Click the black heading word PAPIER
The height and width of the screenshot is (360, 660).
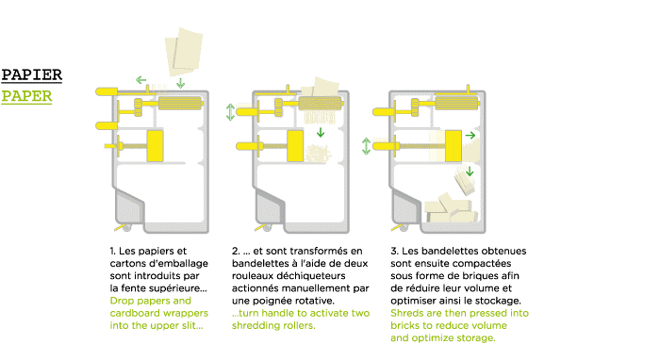point(31,74)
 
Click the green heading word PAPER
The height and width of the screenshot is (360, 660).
point(26,96)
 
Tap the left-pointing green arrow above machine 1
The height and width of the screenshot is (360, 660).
point(141,79)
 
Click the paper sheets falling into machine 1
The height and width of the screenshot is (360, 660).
point(184,51)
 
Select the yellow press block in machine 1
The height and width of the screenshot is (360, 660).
point(155,146)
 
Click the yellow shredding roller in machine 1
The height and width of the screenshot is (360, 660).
point(180,103)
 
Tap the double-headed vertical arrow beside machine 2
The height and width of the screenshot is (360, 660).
point(230,112)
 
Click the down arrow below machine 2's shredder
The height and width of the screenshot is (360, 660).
point(321,133)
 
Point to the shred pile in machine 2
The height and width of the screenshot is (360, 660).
point(318,154)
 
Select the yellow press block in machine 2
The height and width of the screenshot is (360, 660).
point(295,146)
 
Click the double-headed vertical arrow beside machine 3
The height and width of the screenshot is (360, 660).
point(366,146)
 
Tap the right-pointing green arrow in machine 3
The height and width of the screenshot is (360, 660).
point(470,136)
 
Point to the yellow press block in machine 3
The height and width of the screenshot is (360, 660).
point(454,146)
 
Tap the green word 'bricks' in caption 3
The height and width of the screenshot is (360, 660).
point(404,325)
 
